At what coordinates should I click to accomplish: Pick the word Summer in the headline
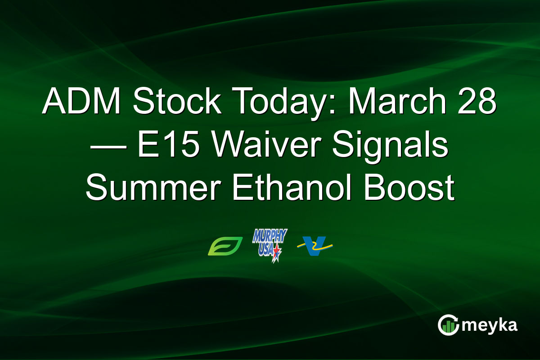(152, 189)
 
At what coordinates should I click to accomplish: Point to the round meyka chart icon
(448, 325)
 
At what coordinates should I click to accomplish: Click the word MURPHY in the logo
(270, 236)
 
